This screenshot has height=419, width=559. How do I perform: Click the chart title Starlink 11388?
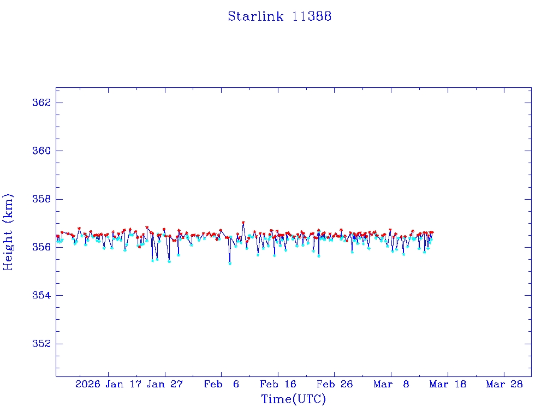279,16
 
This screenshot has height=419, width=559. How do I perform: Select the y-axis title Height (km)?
8,232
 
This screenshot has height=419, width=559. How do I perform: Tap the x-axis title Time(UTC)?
293,399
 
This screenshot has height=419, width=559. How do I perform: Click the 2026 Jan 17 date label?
107,384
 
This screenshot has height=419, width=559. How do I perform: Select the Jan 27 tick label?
165,384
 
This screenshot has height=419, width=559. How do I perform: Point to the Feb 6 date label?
222,384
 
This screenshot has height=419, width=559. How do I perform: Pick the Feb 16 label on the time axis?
278,384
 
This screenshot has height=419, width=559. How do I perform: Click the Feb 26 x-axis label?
334,384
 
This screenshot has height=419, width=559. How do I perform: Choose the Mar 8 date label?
391,384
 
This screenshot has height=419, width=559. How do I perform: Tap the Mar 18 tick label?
448,384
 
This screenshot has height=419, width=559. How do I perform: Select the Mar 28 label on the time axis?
504,384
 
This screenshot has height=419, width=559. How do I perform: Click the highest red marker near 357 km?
243,223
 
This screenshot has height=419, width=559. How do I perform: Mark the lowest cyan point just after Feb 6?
230,264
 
